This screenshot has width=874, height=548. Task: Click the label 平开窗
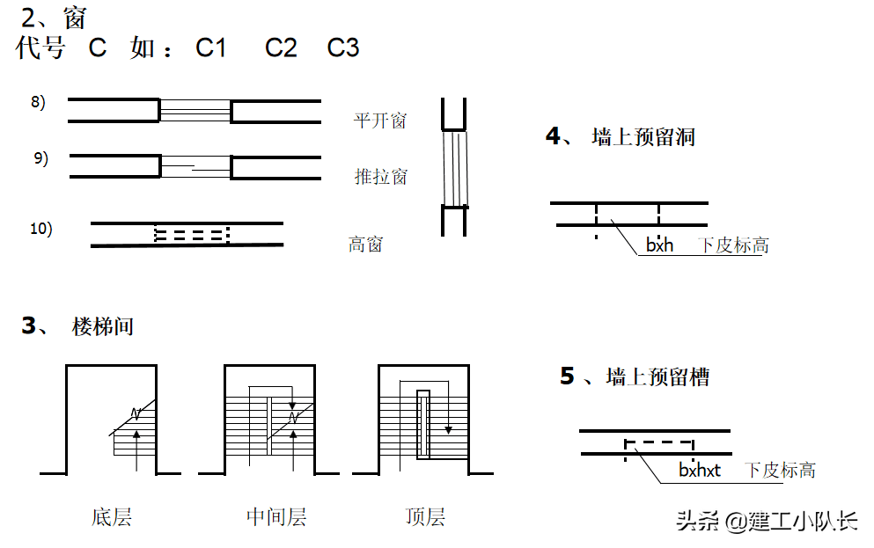click(x=380, y=121)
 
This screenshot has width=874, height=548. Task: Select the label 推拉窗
click(x=380, y=177)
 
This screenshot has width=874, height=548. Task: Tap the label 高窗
click(x=365, y=244)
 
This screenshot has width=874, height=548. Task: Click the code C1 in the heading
click(x=211, y=48)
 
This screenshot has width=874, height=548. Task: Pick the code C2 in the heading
click(x=281, y=48)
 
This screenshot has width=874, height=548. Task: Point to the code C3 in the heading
click(x=343, y=48)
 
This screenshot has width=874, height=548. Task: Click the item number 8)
click(x=38, y=102)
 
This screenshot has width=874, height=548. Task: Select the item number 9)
click(x=40, y=158)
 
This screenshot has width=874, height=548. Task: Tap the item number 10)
click(x=41, y=229)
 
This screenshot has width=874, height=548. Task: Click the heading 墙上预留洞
click(x=644, y=137)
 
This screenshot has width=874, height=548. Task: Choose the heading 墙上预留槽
click(x=657, y=377)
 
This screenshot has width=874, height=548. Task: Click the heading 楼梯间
click(x=102, y=327)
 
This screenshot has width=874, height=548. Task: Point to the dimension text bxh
click(x=659, y=245)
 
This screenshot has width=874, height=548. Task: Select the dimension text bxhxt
click(x=700, y=471)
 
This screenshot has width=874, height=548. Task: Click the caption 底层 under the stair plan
click(x=111, y=516)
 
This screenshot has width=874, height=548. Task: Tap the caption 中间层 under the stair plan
click(x=275, y=516)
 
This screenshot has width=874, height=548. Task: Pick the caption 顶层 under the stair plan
click(x=425, y=516)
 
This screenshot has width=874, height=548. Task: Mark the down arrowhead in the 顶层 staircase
click(x=448, y=430)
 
